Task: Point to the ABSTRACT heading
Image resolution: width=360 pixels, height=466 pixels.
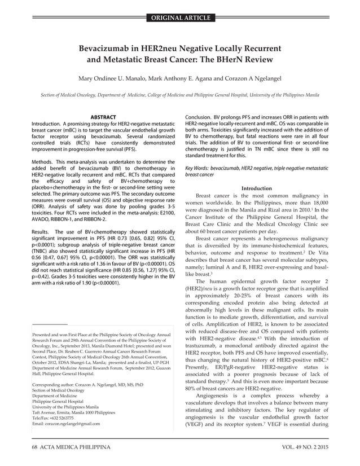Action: pos(103,117)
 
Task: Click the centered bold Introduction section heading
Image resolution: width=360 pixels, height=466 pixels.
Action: pos(256,188)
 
